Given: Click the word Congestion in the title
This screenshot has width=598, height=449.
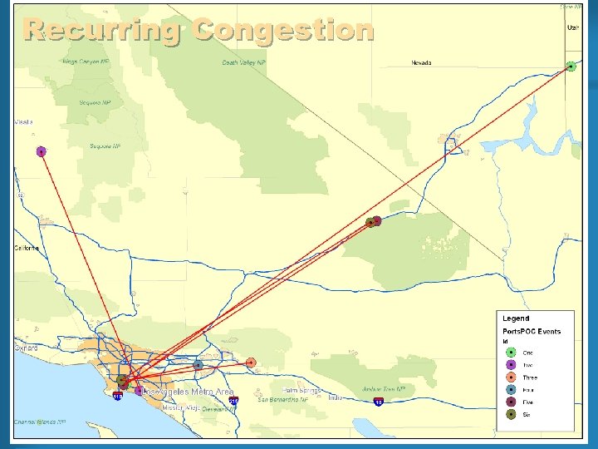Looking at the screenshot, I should click(283, 30).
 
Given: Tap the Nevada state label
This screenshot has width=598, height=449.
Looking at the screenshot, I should click(421, 62).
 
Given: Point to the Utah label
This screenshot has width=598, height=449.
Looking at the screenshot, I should click(572, 27).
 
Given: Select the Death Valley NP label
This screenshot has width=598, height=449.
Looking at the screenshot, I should click(243, 62).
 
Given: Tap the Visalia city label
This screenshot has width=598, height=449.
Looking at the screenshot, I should click(23, 122).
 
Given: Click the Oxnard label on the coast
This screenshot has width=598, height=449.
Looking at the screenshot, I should click(26, 348).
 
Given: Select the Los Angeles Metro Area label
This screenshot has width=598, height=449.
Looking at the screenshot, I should click(189, 391).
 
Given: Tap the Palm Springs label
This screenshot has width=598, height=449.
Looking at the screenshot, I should click(301, 390).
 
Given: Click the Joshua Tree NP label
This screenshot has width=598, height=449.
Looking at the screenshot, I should click(384, 388).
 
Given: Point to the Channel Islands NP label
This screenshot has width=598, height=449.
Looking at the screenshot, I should click(39, 422).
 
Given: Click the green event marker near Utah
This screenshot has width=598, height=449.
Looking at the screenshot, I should click(571, 67).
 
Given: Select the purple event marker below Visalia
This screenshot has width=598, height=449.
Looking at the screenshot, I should click(41, 151).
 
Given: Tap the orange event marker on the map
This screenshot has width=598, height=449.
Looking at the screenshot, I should click(251, 363).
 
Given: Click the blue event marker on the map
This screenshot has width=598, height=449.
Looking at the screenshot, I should click(198, 365).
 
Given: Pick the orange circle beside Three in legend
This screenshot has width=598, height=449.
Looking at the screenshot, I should click(511, 377).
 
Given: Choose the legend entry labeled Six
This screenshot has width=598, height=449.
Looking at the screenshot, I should click(527, 414).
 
